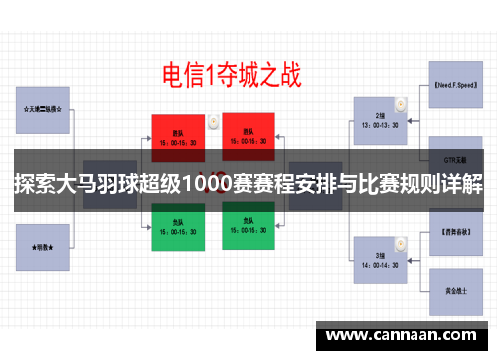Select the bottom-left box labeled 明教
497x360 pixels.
tap(43, 243)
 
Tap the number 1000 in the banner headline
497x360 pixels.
tap(222, 186)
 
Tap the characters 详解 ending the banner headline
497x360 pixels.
tap(464, 186)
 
